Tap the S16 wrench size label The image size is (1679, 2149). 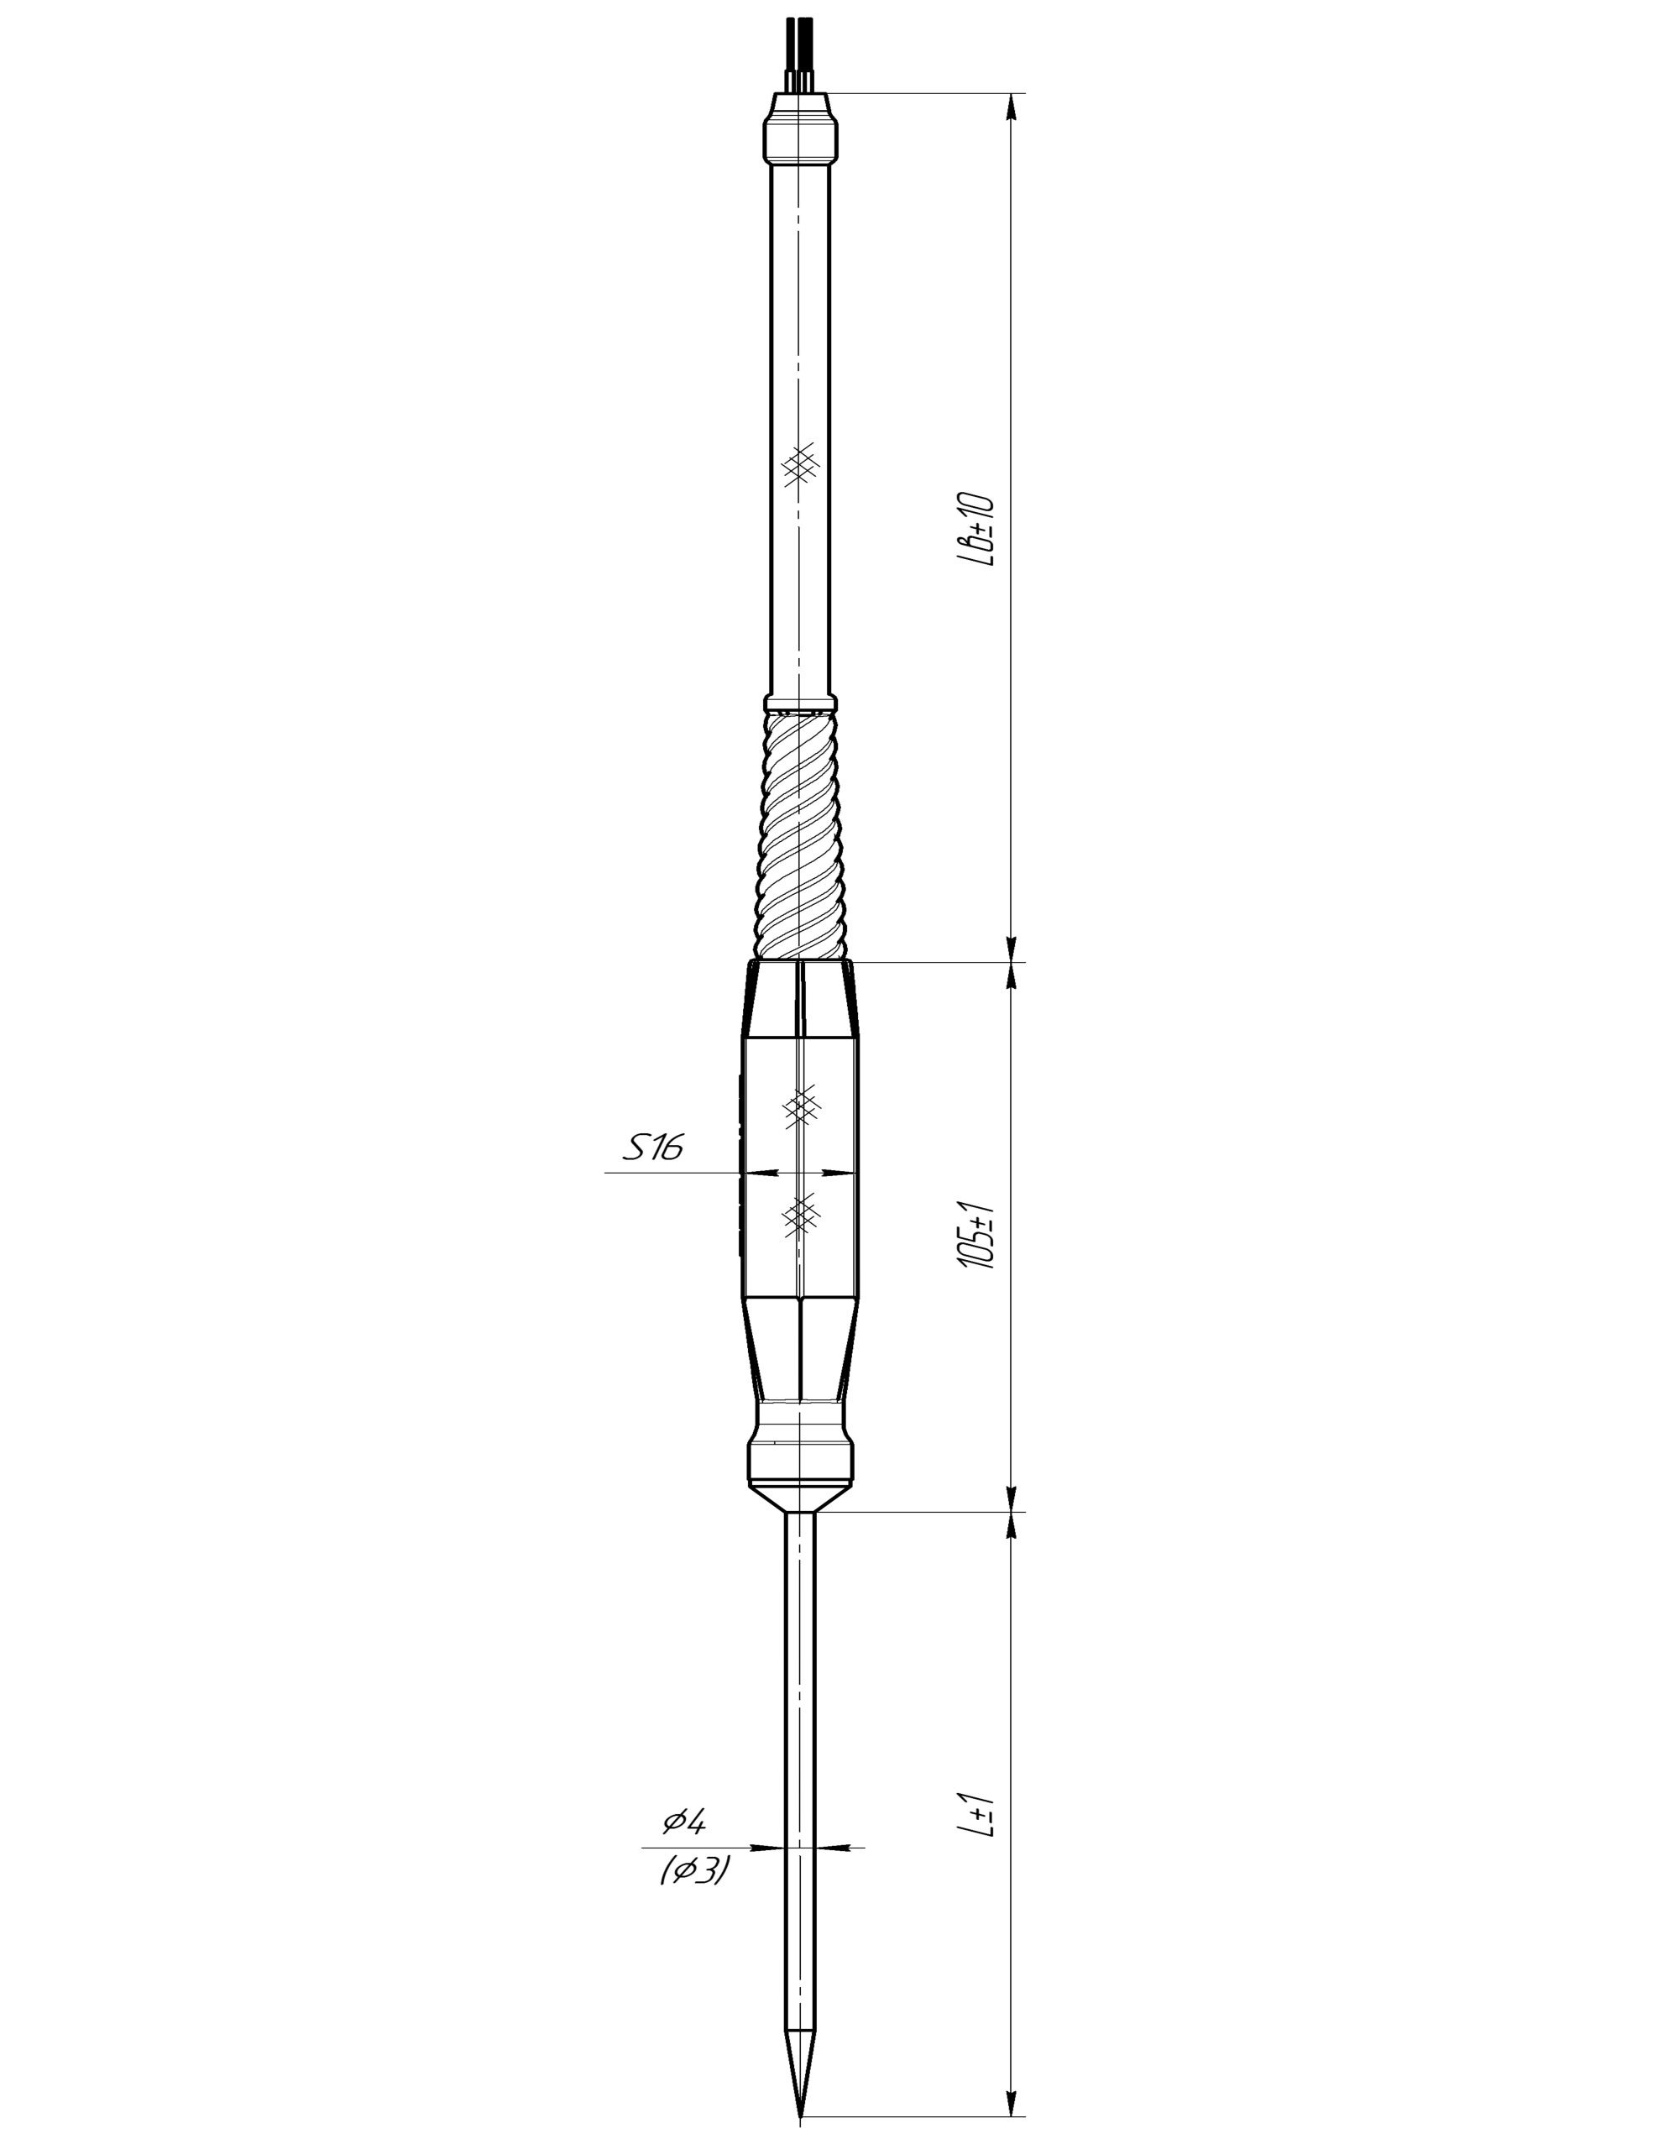pos(652,1147)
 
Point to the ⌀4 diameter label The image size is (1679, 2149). pos(683,1822)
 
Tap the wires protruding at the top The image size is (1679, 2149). pos(799,54)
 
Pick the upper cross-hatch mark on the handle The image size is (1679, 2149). pos(801,1106)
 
